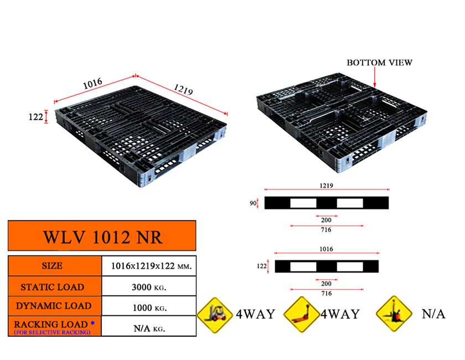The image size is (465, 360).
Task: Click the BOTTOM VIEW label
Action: pos(379,63)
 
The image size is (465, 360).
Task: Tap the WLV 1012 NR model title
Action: pos(102,236)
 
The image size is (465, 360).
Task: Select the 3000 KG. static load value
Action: pos(149,287)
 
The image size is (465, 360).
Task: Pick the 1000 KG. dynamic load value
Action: pos(149,307)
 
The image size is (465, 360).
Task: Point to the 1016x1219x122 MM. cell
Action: pos(149,266)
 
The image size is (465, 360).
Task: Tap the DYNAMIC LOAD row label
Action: pos(53,306)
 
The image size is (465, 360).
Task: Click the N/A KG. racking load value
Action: pos(148,327)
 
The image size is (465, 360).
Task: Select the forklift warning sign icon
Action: pos(215,314)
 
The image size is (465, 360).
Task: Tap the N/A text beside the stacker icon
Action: pos(433,314)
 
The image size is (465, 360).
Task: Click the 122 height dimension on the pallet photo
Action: pos(35,117)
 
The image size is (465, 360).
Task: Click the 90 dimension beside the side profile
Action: pos(252,203)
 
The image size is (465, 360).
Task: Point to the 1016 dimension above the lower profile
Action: pos(327,249)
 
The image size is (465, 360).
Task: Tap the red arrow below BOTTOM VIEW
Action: pos(375,78)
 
